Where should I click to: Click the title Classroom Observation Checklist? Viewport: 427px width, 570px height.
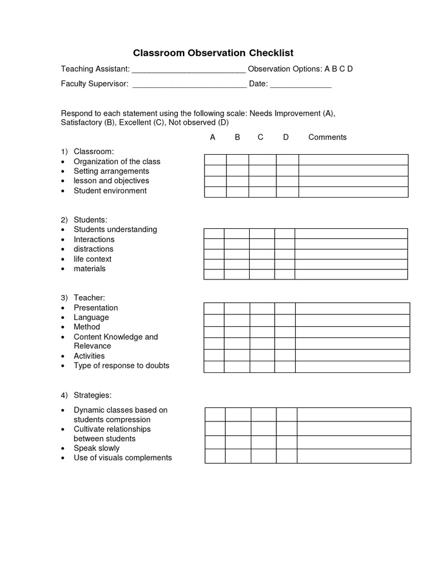[213, 53]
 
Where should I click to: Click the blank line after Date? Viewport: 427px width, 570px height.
[301, 85]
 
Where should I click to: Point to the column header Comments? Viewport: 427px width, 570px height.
[327, 137]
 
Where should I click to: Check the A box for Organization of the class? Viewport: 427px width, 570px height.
[215, 160]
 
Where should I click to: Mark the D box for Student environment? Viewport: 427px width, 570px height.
[287, 192]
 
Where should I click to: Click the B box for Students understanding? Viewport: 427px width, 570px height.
[236, 233]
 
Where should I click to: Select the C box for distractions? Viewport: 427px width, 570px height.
[262, 254]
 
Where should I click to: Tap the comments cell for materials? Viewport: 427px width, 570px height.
[351, 274]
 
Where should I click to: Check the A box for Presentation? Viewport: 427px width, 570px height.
[214, 308]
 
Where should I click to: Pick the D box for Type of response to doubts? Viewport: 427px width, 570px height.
[285, 367]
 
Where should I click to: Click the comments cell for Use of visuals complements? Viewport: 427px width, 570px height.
[354, 456]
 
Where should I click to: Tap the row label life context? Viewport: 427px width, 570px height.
[92, 259]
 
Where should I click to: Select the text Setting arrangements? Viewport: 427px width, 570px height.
[111, 171]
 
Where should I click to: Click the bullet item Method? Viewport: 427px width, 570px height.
[87, 327]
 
